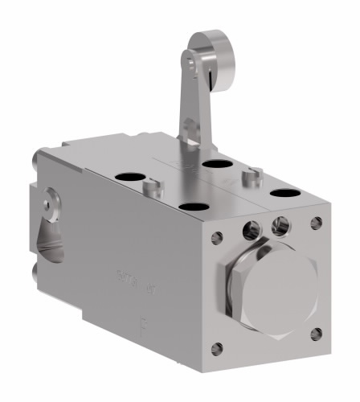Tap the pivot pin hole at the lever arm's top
pyautogui.click(x=187, y=58)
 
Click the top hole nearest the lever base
pyautogui.click(x=214, y=165)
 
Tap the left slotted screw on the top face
pyautogui.click(x=150, y=187)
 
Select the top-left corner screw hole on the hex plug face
pyautogui.click(x=216, y=237)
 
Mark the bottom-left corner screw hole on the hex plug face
pyautogui.click(x=216, y=347)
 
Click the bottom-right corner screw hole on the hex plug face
pyautogui.click(x=317, y=331)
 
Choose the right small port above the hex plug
pyautogui.click(x=280, y=224)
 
